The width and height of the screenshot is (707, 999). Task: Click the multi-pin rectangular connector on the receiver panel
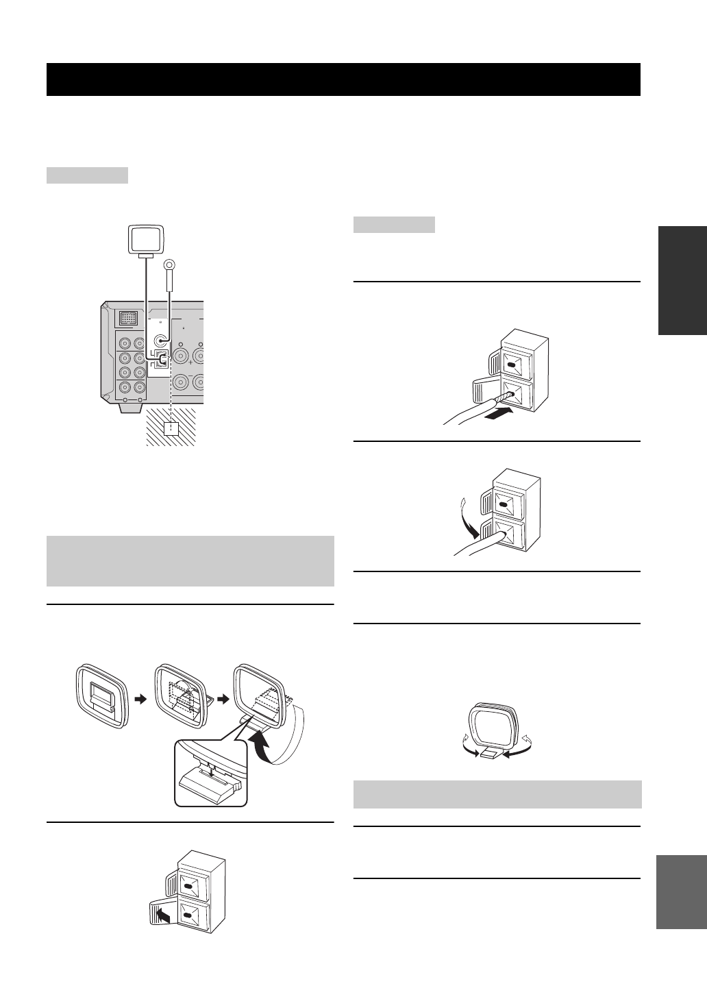pyautogui.click(x=127, y=318)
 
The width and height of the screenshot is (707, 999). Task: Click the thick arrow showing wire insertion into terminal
pyautogui.click(x=497, y=414)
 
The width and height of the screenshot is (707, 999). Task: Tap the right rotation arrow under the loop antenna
pyautogui.click(x=514, y=752)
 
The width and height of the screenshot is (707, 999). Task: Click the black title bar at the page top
pyautogui.click(x=343, y=79)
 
